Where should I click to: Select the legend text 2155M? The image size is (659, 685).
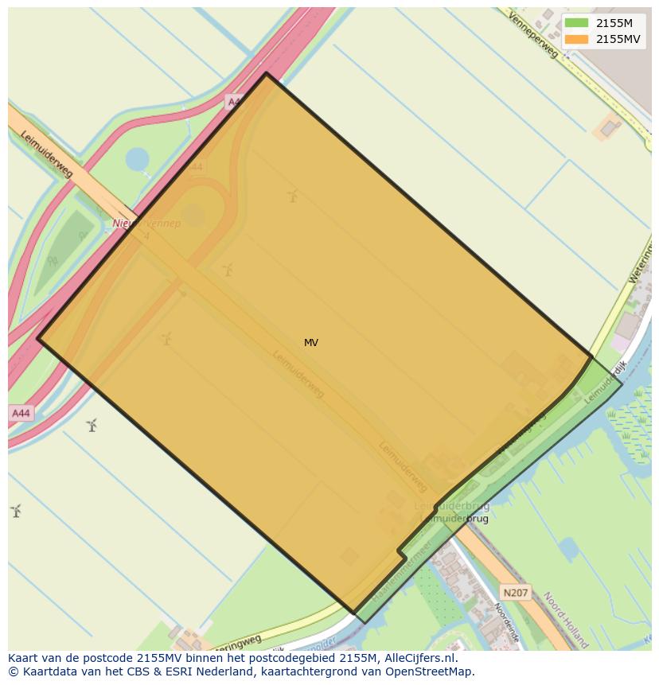tap(614, 23)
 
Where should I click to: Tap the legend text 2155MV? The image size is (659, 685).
tap(618, 39)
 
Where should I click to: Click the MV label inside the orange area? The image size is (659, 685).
tap(311, 343)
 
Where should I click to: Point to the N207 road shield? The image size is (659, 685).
tap(515, 593)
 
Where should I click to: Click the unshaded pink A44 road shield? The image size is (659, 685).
tap(21, 413)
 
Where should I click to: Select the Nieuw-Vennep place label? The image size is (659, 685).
tap(146, 224)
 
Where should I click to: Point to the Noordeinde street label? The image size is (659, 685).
tap(505, 621)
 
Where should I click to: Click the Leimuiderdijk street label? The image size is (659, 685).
tap(606, 383)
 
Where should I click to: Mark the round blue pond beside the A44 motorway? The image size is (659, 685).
tap(137, 159)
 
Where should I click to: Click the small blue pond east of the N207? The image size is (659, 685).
tap(567, 548)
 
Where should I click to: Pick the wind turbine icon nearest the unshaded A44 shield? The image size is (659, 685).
tap(92, 425)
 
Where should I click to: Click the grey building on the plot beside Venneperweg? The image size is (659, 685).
tap(610, 126)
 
